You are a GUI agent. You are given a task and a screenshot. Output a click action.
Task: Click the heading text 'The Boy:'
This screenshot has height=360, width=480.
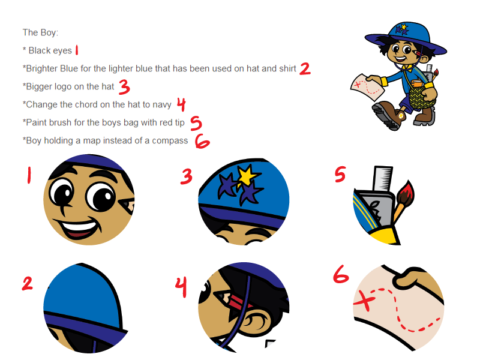point(40,32)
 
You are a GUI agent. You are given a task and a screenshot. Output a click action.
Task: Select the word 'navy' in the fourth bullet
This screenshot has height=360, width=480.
point(162,104)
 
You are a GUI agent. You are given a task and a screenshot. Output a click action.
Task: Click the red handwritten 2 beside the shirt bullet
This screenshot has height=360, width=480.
point(305,69)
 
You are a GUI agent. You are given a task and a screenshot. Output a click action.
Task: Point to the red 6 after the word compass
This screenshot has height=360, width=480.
point(202,141)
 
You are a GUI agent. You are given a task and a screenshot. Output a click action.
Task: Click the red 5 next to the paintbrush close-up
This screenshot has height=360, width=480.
point(340,174)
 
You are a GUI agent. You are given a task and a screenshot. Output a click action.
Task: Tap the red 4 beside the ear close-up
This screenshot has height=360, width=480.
point(181,287)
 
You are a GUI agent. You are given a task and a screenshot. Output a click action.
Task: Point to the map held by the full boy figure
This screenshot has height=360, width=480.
point(367,86)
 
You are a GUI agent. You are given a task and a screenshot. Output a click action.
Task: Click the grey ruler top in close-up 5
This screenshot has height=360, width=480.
point(383,178)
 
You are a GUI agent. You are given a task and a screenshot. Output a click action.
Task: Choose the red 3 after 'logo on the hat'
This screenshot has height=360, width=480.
point(124,87)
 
